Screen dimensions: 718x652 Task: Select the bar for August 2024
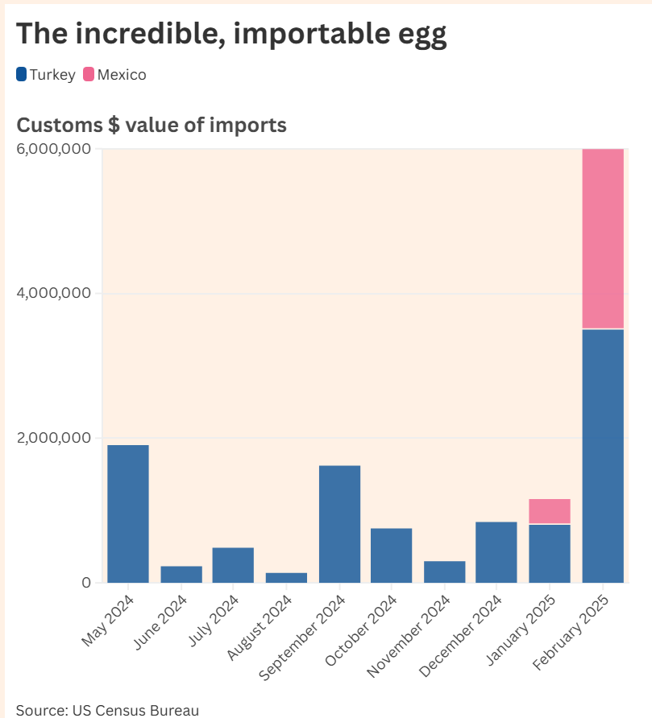point(286,577)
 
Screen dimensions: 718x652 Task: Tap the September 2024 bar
point(339,524)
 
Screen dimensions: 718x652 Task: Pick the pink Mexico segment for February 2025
point(603,239)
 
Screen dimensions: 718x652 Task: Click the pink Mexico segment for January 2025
point(550,511)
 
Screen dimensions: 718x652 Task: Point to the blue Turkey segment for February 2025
point(603,456)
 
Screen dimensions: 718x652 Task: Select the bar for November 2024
point(445,572)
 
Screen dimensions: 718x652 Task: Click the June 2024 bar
point(181,574)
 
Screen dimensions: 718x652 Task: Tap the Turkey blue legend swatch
point(22,75)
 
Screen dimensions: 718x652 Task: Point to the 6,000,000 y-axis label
point(53,149)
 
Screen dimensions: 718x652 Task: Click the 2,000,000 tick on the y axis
point(53,438)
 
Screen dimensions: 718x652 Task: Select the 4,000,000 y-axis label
point(53,294)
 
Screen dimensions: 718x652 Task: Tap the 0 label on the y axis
point(85,583)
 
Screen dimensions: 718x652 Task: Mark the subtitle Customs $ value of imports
point(152,126)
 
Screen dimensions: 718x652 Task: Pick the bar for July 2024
point(234,565)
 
